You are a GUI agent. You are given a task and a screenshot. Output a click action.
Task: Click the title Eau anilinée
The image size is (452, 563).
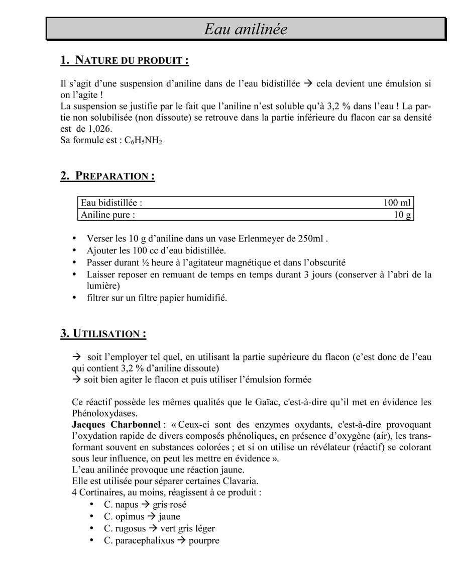(x=245, y=29)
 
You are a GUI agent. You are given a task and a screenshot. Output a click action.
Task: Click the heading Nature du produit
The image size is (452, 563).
(x=125, y=60)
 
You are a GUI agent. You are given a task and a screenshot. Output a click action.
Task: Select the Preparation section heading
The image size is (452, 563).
(x=107, y=176)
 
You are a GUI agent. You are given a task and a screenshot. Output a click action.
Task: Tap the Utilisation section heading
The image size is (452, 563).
(x=103, y=334)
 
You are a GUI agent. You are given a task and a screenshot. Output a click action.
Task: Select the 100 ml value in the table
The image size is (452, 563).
(x=397, y=203)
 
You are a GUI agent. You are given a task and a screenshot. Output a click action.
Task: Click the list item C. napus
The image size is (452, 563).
(x=121, y=505)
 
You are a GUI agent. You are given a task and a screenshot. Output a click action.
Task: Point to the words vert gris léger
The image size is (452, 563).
(x=187, y=529)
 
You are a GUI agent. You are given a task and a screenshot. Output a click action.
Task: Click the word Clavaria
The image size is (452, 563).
(x=239, y=481)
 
